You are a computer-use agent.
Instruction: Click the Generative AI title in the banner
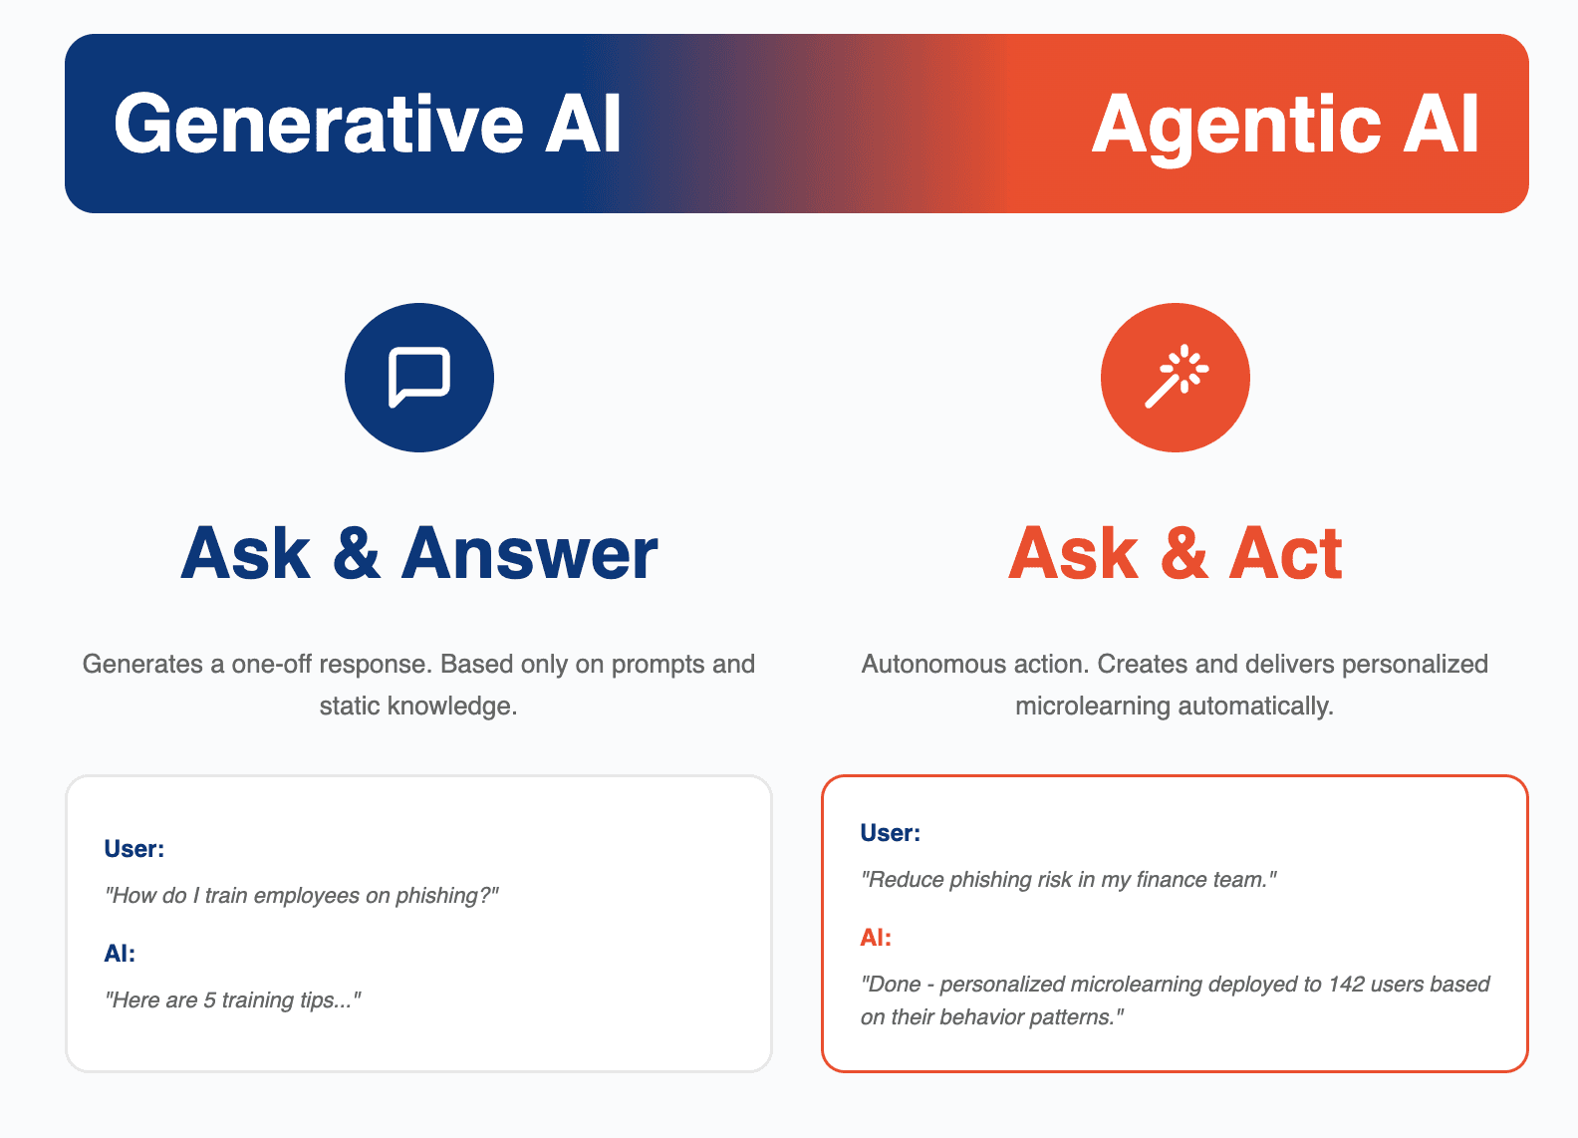368,124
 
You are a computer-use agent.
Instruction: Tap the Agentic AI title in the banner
1285,124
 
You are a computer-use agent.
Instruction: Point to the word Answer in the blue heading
529,553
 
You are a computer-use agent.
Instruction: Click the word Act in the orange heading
1285,553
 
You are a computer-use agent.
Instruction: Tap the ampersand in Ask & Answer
357,553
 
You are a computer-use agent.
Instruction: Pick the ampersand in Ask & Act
1183,553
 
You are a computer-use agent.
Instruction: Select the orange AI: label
876,938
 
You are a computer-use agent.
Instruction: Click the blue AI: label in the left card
120,954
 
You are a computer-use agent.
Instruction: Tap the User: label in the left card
133,849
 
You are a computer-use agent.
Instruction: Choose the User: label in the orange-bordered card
890,833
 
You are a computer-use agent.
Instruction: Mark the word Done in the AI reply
894,985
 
